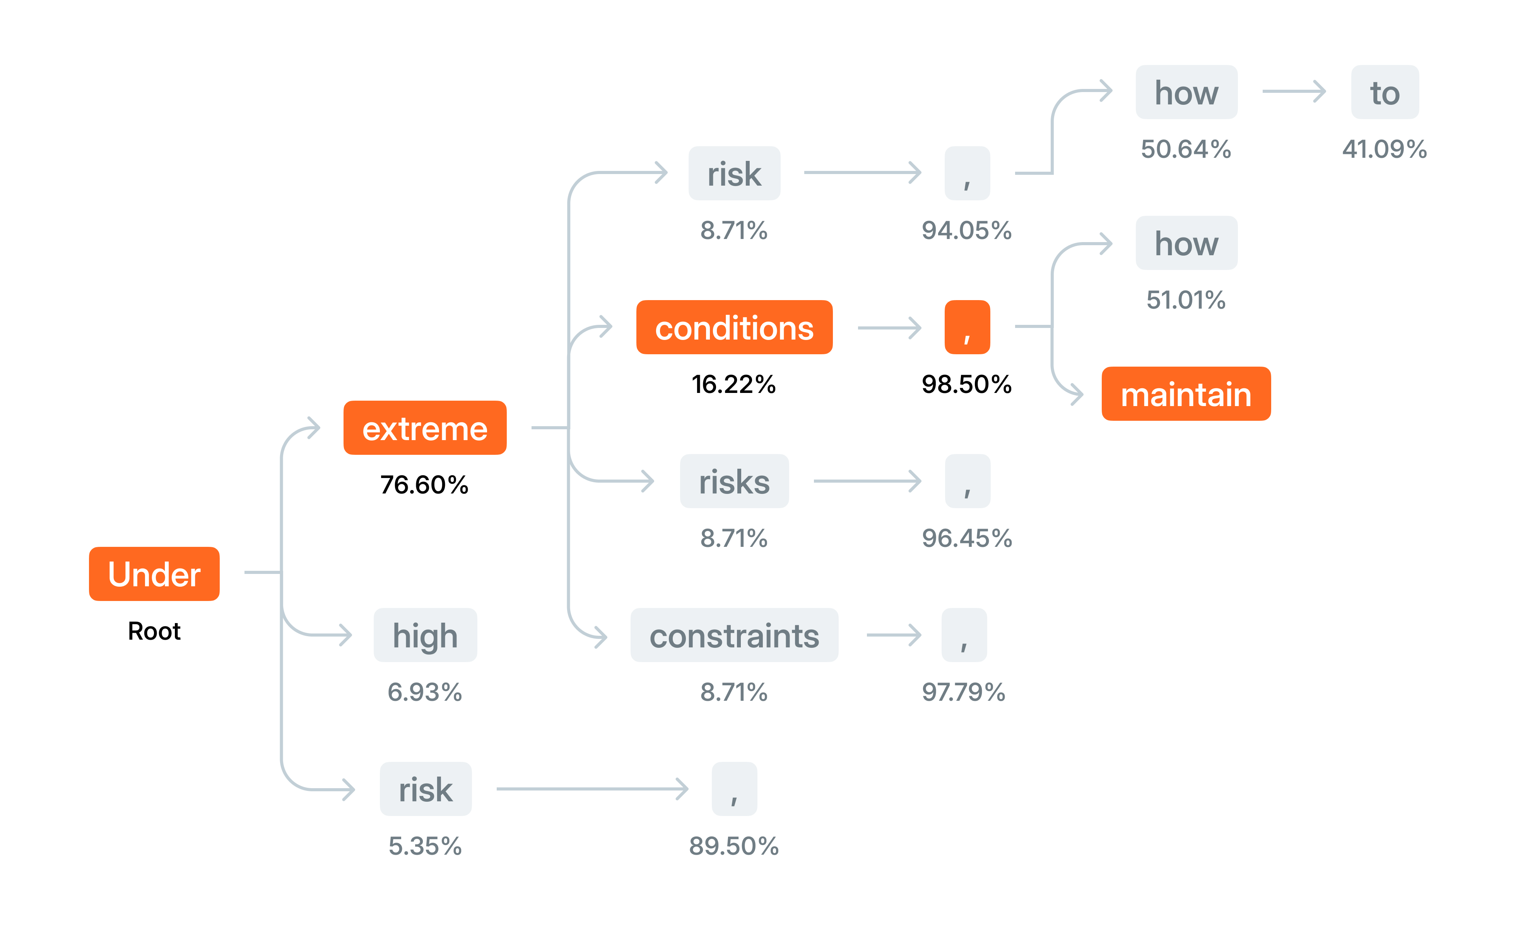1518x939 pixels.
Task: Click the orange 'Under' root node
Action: click(x=154, y=574)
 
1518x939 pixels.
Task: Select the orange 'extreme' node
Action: click(x=425, y=428)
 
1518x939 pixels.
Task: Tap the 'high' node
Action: click(x=425, y=635)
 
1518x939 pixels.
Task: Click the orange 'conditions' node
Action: click(x=734, y=327)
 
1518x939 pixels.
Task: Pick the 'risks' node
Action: click(x=734, y=481)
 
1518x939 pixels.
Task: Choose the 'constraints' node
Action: click(x=734, y=635)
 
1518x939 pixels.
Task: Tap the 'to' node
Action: click(x=1385, y=92)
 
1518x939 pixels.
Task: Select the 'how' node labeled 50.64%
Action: click(x=1186, y=92)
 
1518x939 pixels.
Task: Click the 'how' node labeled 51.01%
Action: click(x=1186, y=243)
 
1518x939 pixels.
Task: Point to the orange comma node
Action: click(x=967, y=327)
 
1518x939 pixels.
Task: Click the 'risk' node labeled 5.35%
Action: click(x=426, y=789)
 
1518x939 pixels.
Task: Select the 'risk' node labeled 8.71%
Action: click(x=734, y=173)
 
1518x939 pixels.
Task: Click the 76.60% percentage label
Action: click(x=424, y=485)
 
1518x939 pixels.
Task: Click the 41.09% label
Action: click(x=1385, y=149)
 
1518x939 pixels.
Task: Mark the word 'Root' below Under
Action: click(x=154, y=631)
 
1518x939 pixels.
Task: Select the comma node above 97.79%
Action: click(x=964, y=635)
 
